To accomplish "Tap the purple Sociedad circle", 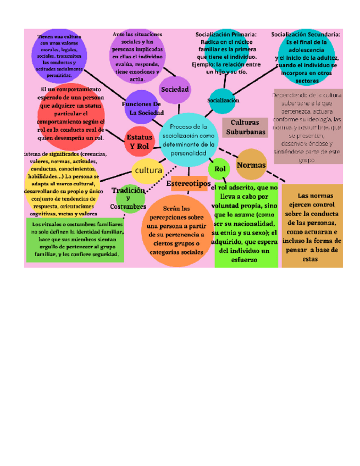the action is click(x=175, y=90).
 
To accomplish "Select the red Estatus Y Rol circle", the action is click(x=139, y=142).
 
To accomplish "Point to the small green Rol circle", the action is click(x=220, y=169).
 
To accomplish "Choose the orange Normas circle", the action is click(x=251, y=165).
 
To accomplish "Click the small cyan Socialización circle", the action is click(x=223, y=101).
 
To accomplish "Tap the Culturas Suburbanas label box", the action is click(x=245, y=127).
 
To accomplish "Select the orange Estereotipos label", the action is click(x=189, y=183).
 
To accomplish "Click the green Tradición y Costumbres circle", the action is click(x=130, y=198).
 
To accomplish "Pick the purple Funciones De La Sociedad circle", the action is click(x=143, y=108).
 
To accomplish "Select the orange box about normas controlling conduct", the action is click(x=312, y=226).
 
